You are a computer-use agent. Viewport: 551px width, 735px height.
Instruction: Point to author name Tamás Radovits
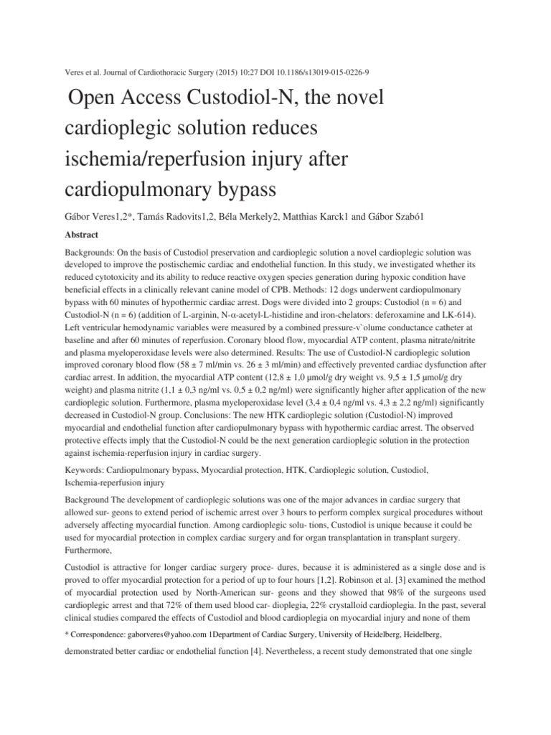coord(158,216)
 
